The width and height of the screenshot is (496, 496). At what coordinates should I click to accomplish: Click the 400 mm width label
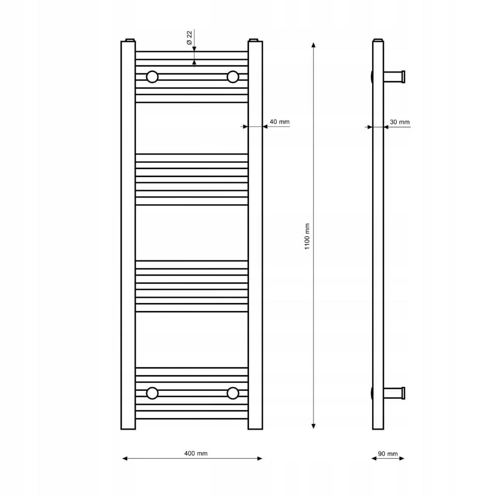tap(196, 453)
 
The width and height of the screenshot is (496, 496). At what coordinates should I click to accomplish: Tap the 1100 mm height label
tap(307, 237)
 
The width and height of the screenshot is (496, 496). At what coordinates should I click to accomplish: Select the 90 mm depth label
tap(388, 454)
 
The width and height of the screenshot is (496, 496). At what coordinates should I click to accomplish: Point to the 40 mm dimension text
tap(279, 122)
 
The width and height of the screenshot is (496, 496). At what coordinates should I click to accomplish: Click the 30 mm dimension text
tap(399, 122)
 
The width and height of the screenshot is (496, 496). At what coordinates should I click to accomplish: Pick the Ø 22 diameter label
tap(189, 38)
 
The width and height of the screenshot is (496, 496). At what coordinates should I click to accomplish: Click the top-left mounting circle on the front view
tap(152, 77)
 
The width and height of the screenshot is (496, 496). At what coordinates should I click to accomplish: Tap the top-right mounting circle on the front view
tap(233, 77)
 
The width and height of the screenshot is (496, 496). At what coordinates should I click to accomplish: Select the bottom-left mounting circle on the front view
tap(152, 393)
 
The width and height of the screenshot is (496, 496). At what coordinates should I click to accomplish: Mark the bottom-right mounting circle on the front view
tap(233, 393)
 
